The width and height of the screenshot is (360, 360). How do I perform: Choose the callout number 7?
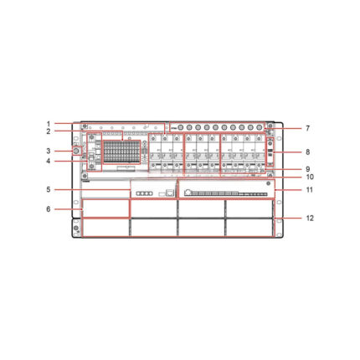pyautogui.click(x=307, y=128)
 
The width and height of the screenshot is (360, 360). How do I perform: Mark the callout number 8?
pyautogui.click(x=307, y=152)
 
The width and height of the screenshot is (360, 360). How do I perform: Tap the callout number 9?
pyautogui.click(x=307, y=169)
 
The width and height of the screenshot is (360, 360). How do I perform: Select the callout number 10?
pyautogui.click(x=307, y=177)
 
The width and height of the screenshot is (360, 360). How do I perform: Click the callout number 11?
pyautogui.click(x=307, y=191)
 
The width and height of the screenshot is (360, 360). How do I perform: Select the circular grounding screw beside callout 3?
pyautogui.click(x=77, y=151)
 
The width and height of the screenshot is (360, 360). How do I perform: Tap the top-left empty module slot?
pyautogui.click(x=105, y=208)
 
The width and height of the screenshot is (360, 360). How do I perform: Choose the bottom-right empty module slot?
pyautogui.click(x=250, y=228)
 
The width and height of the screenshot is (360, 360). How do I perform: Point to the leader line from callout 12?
pyautogui.click(x=289, y=218)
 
